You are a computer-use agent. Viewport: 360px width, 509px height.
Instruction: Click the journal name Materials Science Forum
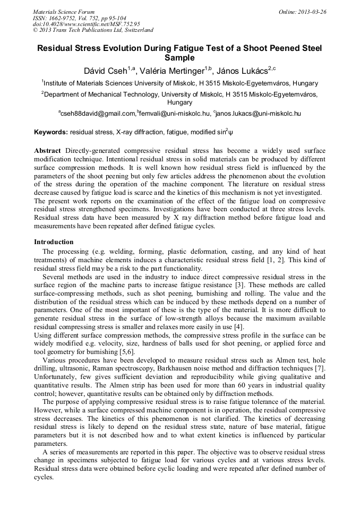64,12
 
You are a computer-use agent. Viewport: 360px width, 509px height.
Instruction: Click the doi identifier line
87,24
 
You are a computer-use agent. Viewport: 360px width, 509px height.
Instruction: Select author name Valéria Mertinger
174,71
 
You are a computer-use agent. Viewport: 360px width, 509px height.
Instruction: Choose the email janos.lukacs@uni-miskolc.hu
259,113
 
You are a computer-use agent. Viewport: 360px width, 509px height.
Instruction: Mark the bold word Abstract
47,151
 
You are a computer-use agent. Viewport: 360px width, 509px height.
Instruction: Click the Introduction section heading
54,242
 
